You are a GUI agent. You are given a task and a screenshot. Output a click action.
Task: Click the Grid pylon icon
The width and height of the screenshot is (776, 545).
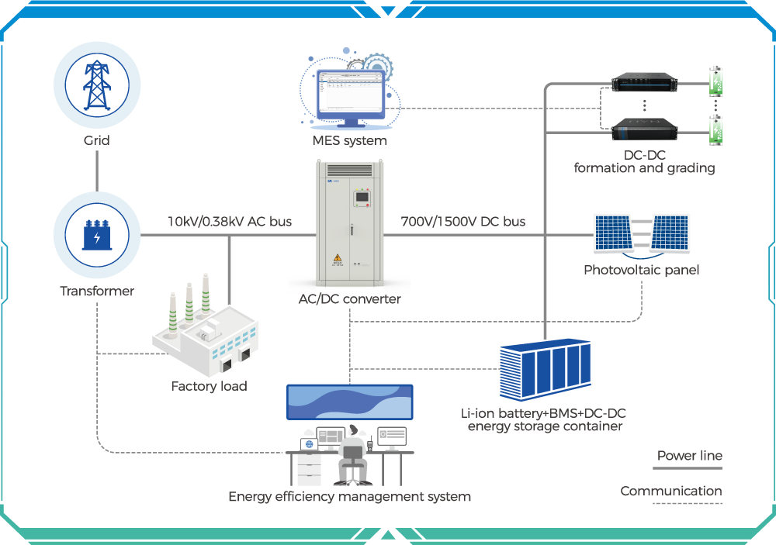tap(97, 84)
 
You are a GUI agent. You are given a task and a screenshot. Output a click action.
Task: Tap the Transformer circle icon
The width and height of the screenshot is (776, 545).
tap(97, 235)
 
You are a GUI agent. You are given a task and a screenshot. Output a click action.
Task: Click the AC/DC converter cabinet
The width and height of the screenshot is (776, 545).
tap(349, 221)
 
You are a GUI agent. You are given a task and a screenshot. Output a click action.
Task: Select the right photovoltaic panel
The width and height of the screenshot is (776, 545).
tap(670, 233)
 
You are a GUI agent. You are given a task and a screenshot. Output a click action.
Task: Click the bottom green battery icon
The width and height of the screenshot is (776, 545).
tap(718, 129)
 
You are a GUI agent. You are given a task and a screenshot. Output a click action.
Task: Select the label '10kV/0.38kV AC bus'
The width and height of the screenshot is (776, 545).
tap(230, 222)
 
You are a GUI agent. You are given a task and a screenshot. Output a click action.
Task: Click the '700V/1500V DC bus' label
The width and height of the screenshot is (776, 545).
tap(462, 222)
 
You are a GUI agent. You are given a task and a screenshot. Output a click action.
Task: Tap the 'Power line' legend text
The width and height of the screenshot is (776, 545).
tap(689, 456)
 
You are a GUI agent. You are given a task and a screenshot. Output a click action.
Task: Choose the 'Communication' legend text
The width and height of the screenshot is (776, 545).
tap(670, 491)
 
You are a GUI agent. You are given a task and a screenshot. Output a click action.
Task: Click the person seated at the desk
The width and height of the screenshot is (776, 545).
tap(353, 454)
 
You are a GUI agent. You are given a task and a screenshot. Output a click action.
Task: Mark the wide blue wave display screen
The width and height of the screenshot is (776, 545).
tap(350, 402)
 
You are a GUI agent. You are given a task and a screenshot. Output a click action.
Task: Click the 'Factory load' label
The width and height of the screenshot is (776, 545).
tap(210, 386)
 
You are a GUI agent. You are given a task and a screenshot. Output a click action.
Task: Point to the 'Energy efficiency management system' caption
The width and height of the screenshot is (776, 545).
tap(349, 497)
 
